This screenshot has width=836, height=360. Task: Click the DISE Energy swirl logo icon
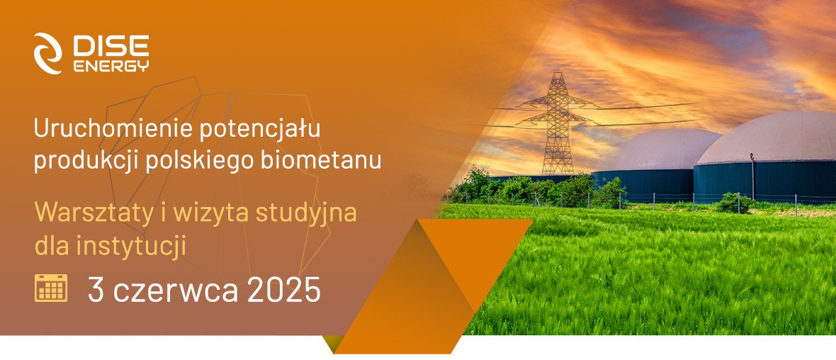50,52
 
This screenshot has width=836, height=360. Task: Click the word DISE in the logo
111,47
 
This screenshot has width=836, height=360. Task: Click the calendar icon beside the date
51,288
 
